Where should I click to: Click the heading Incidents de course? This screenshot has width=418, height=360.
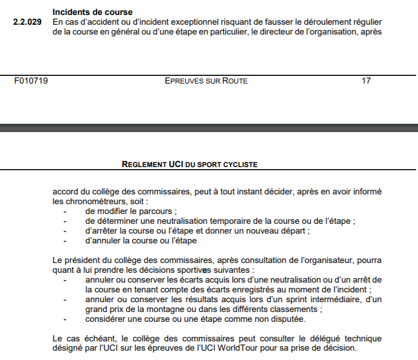(92, 12)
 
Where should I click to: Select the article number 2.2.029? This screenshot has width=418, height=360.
(27, 23)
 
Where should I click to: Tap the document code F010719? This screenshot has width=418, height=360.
(31, 81)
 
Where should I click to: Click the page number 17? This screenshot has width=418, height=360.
(366, 81)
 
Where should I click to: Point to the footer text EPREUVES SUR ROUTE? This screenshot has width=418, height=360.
(206, 81)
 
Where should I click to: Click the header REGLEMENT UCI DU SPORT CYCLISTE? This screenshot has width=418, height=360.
(189, 165)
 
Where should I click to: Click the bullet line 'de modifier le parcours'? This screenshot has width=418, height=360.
(132, 211)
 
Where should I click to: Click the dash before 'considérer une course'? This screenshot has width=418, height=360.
(65, 319)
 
